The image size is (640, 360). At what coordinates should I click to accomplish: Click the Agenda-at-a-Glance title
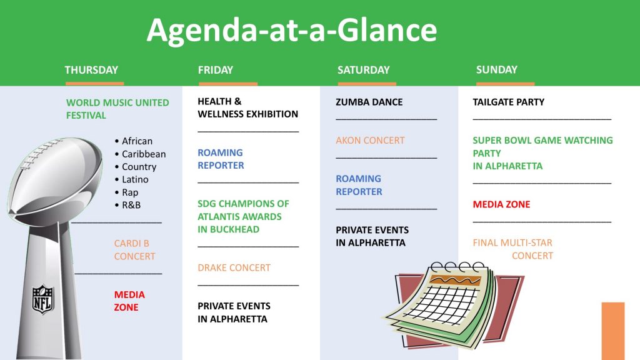pyautogui.click(x=292, y=31)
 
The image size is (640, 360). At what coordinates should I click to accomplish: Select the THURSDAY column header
pyautogui.click(x=91, y=70)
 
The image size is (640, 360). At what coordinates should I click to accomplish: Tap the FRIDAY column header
pyautogui.click(x=216, y=70)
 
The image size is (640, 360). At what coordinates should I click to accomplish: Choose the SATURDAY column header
pyautogui.click(x=363, y=70)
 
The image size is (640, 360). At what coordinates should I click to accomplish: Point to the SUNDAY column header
pyautogui.click(x=497, y=69)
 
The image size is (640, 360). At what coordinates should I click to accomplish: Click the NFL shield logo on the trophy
pyautogui.click(x=43, y=299)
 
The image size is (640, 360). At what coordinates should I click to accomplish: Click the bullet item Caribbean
pyautogui.click(x=144, y=154)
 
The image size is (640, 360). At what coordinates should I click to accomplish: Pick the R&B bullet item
pyautogui.click(x=131, y=205)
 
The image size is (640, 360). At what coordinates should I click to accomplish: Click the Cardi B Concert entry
pyautogui.click(x=135, y=250)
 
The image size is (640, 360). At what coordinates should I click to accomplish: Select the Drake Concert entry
pyautogui.click(x=234, y=267)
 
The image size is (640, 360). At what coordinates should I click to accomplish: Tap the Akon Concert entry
pyautogui.click(x=370, y=141)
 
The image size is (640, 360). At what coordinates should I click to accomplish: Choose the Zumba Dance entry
pyautogui.click(x=369, y=102)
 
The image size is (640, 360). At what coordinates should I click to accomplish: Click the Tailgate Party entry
pyautogui.click(x=509, y=102)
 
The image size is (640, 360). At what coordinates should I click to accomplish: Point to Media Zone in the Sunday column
pyautogui.click(x=501, y=204)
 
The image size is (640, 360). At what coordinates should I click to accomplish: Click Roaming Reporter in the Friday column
pyautogui.click(x=221, y=159)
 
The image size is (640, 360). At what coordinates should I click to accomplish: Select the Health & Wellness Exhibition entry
pyautogui.click(x=247, y=107)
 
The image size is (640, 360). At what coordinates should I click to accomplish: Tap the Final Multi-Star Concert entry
pyautogui.click(x=513, y=249)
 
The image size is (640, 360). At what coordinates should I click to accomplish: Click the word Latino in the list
pyautogui.click(x=135, y=179)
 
